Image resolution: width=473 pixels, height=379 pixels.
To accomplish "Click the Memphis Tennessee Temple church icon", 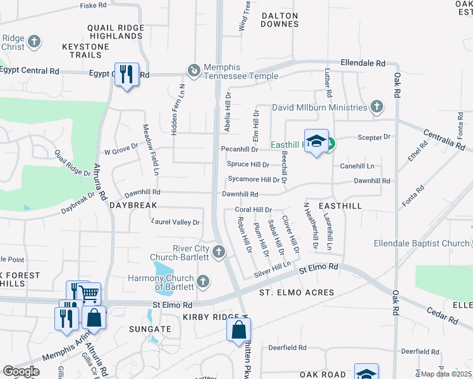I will click(x=194, y=69).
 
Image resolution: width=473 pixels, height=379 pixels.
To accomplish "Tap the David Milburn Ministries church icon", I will click(x=378, y=107).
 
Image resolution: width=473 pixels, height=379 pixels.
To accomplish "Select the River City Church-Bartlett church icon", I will click(x=219, y=252).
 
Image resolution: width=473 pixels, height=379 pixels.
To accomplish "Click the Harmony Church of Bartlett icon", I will click(x=203, y=280).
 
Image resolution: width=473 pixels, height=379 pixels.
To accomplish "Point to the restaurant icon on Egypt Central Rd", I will click(x=126, y=75).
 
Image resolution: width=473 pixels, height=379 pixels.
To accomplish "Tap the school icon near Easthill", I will click(x=316, y=141).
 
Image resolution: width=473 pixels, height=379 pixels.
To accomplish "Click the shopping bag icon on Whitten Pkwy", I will click(x=239, y=330).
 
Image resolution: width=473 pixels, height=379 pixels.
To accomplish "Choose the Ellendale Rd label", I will click(x=362, y=64).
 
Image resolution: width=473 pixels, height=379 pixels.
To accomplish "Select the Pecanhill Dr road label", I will click(x=239, y=150).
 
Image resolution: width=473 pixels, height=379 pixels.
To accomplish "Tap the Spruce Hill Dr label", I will click(x=248, y=164).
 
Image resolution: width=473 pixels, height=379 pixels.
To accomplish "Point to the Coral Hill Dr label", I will click(x=253, y=210).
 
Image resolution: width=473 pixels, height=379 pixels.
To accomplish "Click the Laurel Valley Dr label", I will click(x=176, y=222).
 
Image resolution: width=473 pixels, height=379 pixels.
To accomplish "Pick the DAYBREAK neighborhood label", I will click(x=133, y=206).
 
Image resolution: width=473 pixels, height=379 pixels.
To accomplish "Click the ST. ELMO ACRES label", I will click(x=296, y=292).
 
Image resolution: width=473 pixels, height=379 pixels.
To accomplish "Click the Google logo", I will click(x=21, y=371).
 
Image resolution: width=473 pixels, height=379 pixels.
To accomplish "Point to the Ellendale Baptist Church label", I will click(x=430, y=243).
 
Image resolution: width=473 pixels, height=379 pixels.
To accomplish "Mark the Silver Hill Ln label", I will click(x=272, y=269).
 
